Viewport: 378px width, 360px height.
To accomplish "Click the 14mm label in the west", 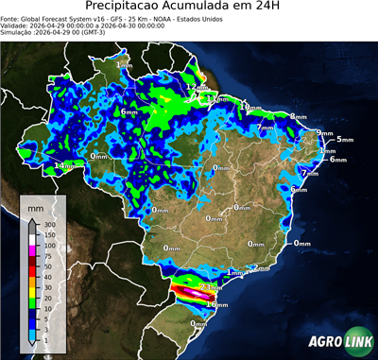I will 64,166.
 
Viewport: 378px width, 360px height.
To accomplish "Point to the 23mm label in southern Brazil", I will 212,286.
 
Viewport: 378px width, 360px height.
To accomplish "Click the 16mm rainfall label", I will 217,304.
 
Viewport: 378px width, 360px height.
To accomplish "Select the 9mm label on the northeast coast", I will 325,133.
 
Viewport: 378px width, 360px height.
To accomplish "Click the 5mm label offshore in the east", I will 344,139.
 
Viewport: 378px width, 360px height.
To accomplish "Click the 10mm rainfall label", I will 250,108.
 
